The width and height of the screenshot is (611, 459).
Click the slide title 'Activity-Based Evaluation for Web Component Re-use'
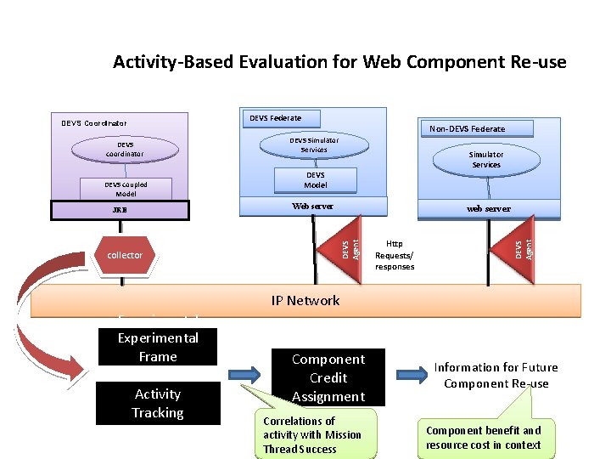point(339,62)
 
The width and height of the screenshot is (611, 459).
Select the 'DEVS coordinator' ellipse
point(125,150)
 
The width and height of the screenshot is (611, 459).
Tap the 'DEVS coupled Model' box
point(126,189)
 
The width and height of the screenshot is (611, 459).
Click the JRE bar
point(126,209)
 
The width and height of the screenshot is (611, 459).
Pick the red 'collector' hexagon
point(125,255)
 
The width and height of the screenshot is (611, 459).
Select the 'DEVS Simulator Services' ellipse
point(314,144)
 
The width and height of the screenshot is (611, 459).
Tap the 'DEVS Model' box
point(315,179)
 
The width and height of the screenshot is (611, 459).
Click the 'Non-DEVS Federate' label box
point(467,128)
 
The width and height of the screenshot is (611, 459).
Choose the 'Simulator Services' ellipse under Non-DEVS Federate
point(486,159)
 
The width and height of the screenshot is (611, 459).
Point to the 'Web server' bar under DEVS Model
point(313,206)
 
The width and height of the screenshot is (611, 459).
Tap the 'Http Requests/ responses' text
point(395,254)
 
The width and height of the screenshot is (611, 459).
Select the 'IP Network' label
point(305,300)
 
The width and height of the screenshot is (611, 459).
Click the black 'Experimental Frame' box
point(158,347)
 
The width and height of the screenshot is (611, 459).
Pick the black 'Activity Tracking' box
point(158,403)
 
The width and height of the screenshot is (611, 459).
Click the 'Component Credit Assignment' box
point(328,377)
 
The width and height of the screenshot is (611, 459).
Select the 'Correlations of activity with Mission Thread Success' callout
point(314,434)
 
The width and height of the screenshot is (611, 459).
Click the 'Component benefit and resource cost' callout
point(484,438)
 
